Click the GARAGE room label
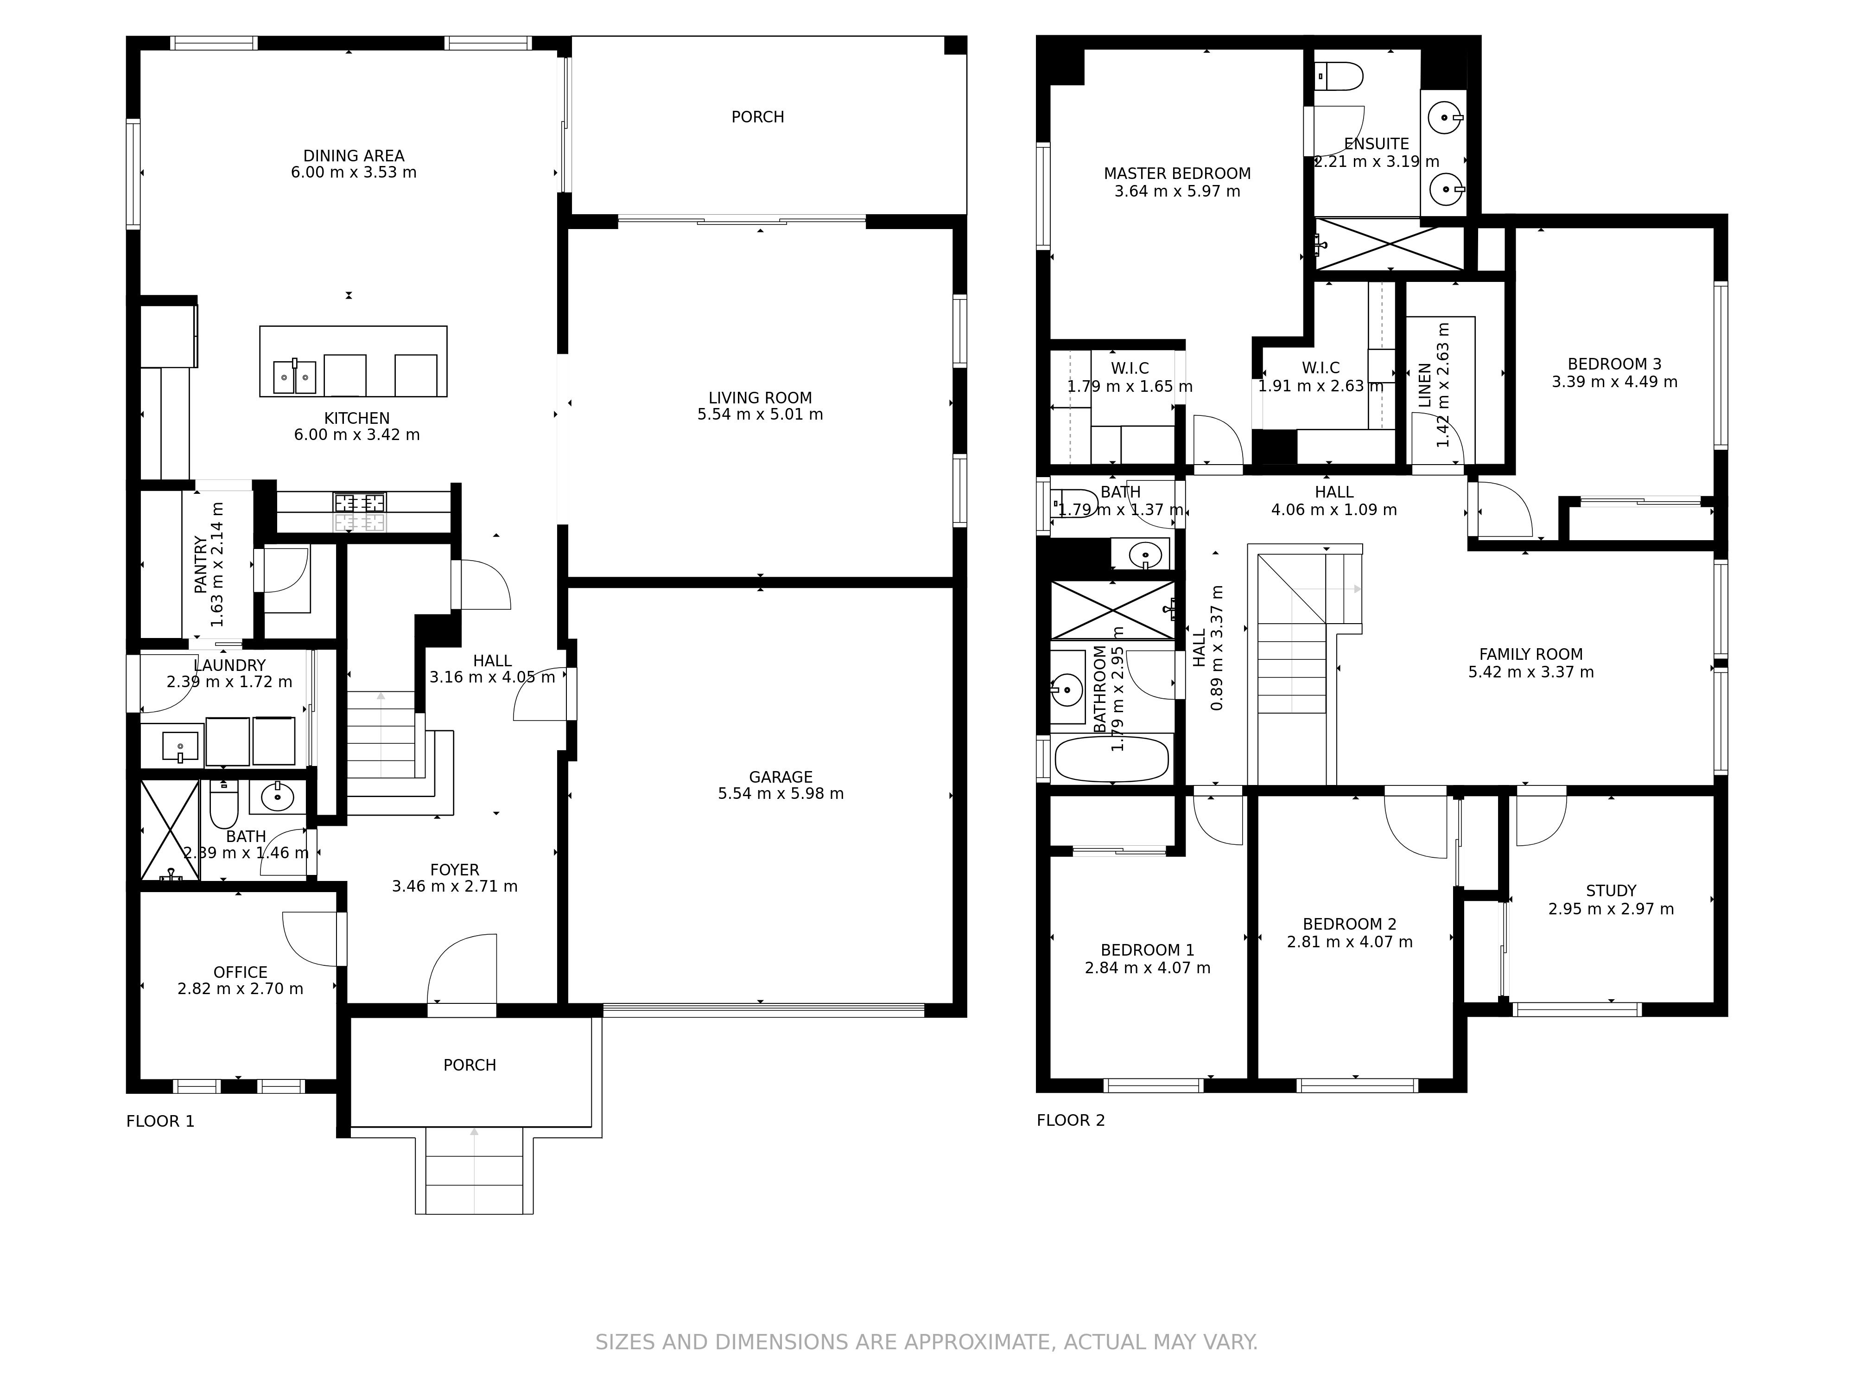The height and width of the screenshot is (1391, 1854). point(781,777)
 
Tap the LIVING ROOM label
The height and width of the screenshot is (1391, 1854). point(760,398)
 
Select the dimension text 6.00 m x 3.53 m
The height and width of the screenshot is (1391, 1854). point(354,173)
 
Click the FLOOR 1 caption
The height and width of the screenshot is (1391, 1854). point(160,1121)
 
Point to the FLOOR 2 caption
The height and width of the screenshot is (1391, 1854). point(1070,1120)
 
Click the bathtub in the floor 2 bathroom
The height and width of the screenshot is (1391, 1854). point(1111,759)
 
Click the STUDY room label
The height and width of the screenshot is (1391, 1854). point(1611,891)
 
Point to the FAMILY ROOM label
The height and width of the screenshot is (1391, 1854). point(1530,655)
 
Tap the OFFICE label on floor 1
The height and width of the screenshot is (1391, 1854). point(241,973)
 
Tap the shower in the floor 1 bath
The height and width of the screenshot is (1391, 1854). point(170,830)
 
